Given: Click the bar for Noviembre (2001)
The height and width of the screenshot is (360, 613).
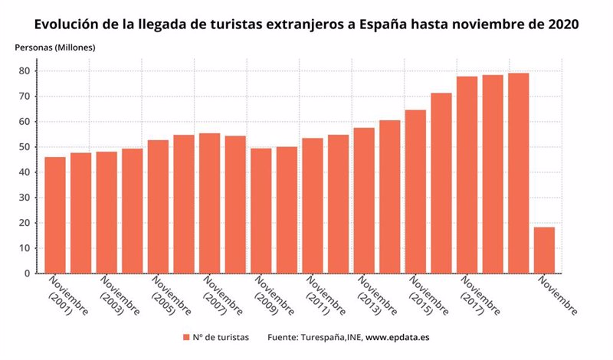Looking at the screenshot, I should click(x=55, y=215).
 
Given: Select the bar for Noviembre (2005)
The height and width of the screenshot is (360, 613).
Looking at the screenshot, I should click(x=158, y=207).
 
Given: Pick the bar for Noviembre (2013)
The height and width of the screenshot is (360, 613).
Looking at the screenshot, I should click(x=364, y=201).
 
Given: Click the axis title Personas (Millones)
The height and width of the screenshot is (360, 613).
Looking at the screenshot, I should click(x=54, y=47).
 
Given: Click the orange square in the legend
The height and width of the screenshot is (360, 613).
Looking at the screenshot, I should click(x=186, y=337).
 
